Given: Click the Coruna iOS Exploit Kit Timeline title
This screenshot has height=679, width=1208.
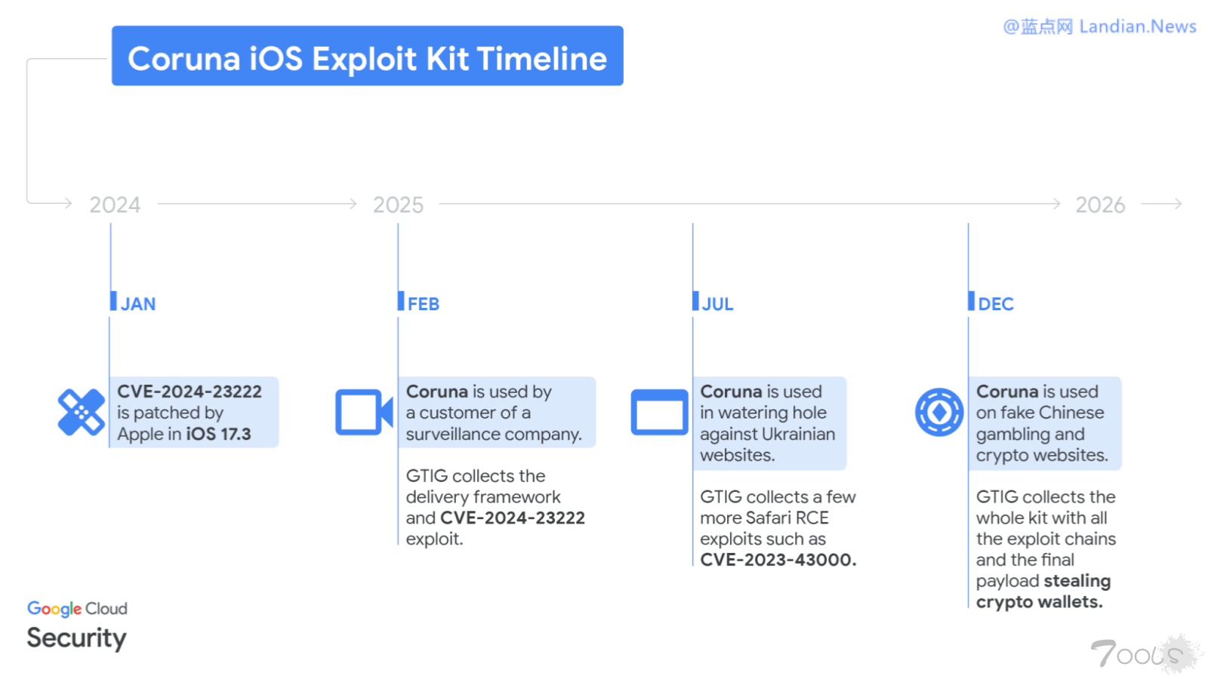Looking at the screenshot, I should pyautogui.click(x=367, y=58).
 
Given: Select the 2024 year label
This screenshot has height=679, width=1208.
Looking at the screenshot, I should pyautogui.click(x=115, y=204).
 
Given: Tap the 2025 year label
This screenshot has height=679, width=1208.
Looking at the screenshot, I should pyautogui.click(x=398, y=204).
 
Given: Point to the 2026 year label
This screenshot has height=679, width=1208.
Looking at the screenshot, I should pyautogui.click(x=1100, y=204).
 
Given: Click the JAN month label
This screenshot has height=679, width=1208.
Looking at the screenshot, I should pyautogui.click(x=137, y=304).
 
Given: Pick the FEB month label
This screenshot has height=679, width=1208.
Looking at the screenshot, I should pyautogui.click(x=423, y=304).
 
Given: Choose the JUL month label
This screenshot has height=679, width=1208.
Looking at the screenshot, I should pyautogui.click(x=717, y=304).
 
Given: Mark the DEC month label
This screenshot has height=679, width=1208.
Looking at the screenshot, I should pyautogui.click(x=995, y=304).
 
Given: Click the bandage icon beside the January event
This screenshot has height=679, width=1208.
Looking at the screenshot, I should pyautogui.click(x=82, y=412).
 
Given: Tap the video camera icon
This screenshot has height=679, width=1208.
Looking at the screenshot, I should pyautogui.click(x=363, y=412).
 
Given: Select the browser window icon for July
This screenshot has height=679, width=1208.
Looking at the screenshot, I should pyautogui.click(x=659, y=412).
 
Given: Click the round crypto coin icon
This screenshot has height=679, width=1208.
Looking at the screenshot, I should pyautogui.click(x=939, y=412).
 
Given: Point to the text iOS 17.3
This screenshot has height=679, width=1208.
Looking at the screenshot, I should pyautogui.click(x=218, y=435).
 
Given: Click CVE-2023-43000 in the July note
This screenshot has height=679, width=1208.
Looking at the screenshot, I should pyautogui.click(x=778, y=560).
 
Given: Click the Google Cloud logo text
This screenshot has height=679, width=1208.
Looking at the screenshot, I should pyautogui.click(x=77, y=608).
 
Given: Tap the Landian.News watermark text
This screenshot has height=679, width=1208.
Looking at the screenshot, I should pyautogui.click(x=1137, y=27).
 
